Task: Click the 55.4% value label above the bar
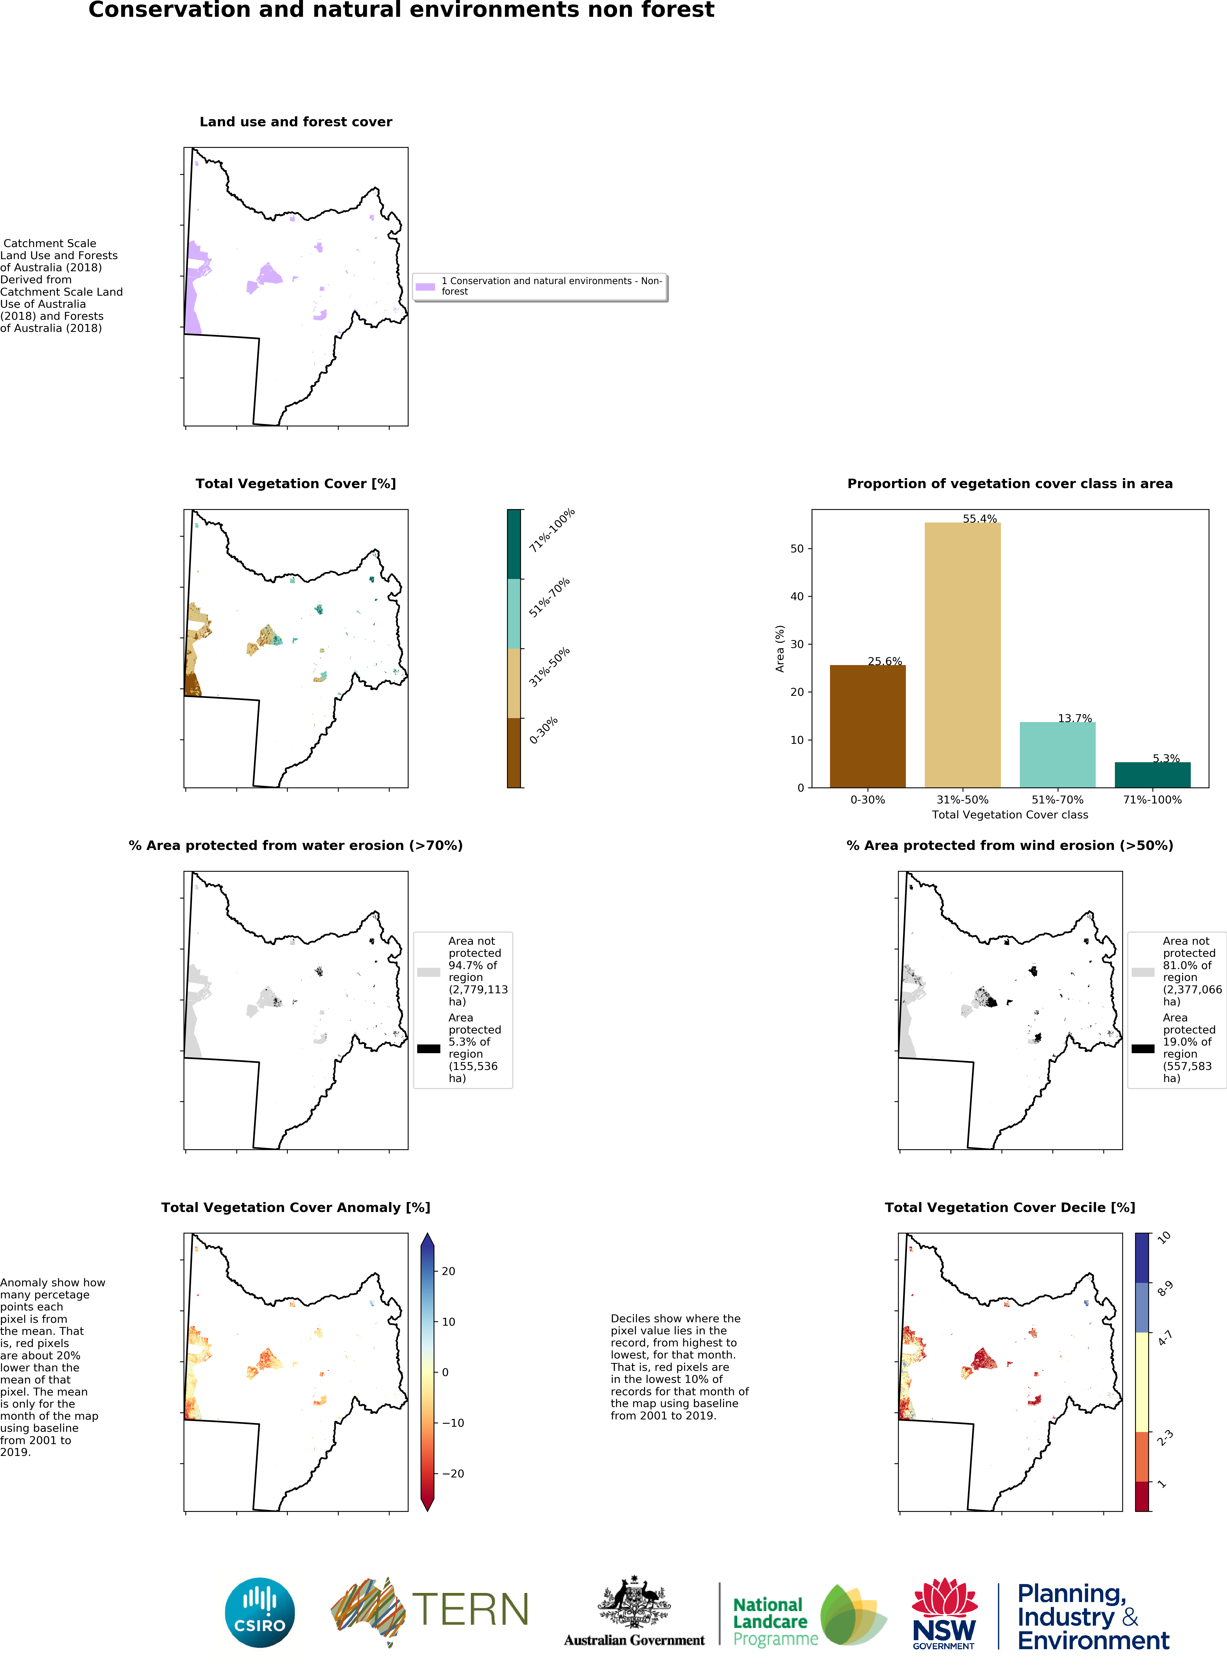point(980,518)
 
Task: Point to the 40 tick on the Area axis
point(797,596)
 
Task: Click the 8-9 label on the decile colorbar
point(1165,1289)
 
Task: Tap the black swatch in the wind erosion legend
point(1142,1049)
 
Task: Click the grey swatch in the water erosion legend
point(429,971)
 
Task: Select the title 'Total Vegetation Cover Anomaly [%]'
point(296,1208)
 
